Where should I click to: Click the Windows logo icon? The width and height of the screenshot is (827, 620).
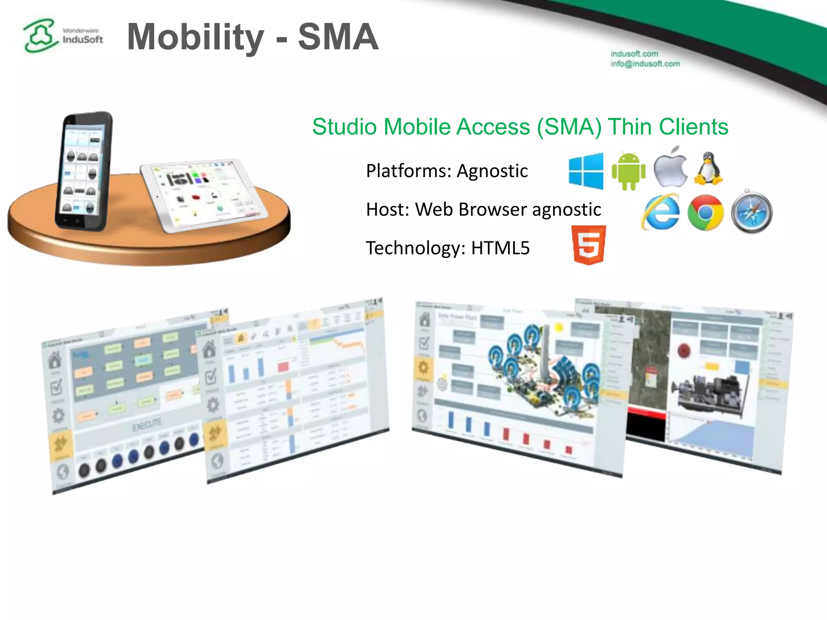coord(586,171)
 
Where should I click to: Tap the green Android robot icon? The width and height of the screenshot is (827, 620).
coord(628,171)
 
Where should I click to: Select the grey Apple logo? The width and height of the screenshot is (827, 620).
coord(670,168)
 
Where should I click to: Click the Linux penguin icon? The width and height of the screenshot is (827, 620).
coord(708,169)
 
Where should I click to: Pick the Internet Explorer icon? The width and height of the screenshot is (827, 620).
coord(661,212)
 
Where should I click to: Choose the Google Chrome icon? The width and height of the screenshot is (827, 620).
coord(705,212)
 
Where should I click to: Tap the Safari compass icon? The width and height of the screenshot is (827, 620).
coord(751,212)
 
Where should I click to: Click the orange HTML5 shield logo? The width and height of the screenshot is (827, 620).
coord(589,245)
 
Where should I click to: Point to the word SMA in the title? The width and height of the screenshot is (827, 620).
coord(338,37)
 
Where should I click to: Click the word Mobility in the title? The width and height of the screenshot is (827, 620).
coord(195,38)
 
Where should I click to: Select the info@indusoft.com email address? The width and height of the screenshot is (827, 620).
coord(645,64)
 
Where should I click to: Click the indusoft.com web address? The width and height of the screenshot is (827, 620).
coord(634,54)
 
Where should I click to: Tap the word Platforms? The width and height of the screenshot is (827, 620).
coord(408,171)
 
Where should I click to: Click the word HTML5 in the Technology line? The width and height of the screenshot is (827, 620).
coord(500,248)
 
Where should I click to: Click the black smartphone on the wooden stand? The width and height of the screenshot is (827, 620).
coord(83,172)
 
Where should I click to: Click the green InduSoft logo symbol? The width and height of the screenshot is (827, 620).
coord(40,36)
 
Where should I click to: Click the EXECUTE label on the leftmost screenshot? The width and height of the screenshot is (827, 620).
coord(147,425)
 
